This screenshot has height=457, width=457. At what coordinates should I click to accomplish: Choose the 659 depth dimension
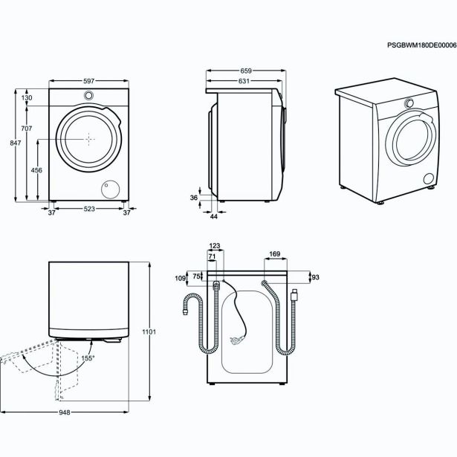click(x=246, y=71)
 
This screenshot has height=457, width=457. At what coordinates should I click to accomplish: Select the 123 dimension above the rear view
click(x=215, y=246)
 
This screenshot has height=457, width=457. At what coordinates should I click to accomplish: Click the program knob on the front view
click(x=88, y=96)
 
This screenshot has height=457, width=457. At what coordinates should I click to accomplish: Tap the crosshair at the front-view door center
click(x=88, y=139)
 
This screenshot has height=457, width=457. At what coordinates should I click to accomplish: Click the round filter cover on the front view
click(x=113, y=190)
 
